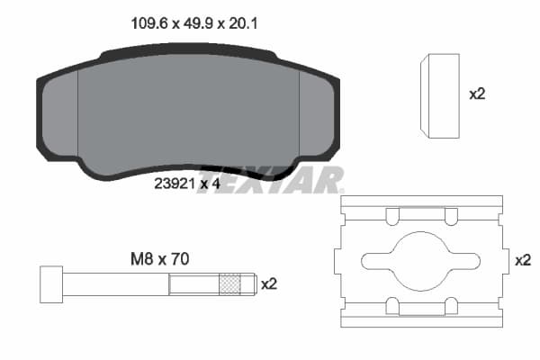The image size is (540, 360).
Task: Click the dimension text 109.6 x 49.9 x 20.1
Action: click(x=189, y=25)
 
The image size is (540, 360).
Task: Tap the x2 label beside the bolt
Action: click(x=268, y=283)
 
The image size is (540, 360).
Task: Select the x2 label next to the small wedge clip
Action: click(x=477, y=94)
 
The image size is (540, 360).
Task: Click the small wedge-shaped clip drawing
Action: click(x=441, y=95)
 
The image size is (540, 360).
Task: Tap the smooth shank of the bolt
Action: click(x=117, y=283)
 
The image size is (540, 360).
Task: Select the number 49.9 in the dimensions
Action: click(x=188, y=25)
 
